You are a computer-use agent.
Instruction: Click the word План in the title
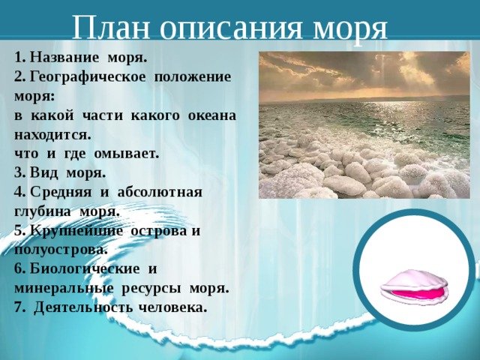[x=112, y=27]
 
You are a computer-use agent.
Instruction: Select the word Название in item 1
[x=64, y=58]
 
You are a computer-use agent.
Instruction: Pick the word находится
[x=52, y=135]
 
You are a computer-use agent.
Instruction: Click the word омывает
[x=127, y=154]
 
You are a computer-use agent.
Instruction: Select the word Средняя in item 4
[x=61, y=193]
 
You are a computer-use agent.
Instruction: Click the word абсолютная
[x=160, y=193]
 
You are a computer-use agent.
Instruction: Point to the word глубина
[x=42, y=211]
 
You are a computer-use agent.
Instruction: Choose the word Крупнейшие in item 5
[x=76, y=231]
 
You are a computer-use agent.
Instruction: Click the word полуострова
[x=61, y=250]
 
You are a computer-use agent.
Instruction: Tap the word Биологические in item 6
[x=85, y=269]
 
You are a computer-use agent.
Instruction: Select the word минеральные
[x=64, y=289]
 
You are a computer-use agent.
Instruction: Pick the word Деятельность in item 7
[x=83, y=307]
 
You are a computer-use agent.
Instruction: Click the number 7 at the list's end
[x=19, y=307]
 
